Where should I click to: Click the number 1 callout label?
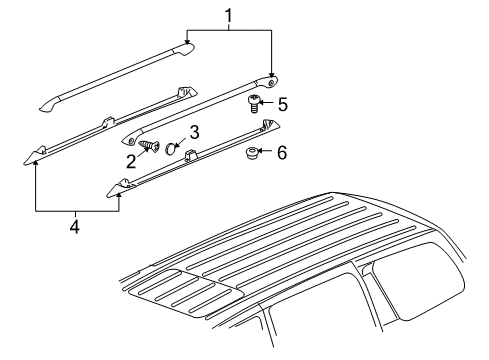click(231, 15)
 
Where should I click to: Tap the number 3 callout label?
click(194, 131)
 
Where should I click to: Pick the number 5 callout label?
click(283, 103)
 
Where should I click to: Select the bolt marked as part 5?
click(254, 101)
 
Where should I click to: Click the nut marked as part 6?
click(252, 154)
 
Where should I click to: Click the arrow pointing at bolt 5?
click(266, 103)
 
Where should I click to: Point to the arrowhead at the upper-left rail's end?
click(188, 42)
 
